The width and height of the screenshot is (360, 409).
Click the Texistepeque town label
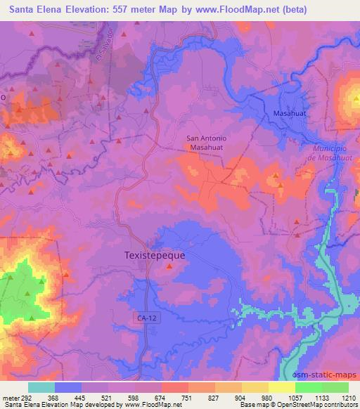tap(155, 256)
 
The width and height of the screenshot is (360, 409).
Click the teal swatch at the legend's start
tap(41, 387)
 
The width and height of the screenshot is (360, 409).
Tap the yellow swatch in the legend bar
tap(281, 387)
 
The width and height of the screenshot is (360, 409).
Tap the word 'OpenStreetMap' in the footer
tap(285, 405)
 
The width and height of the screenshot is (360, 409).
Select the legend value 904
tap(241, 398)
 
